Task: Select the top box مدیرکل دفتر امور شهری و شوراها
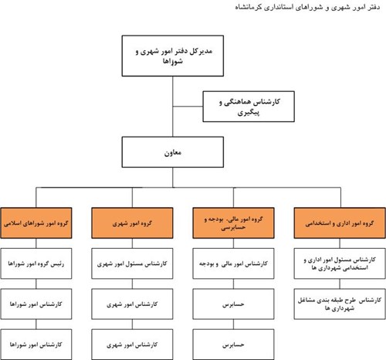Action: click(x=173, y=56)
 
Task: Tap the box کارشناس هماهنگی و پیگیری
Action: click(x=249, y=107)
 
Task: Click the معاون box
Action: click(x=173, y=152)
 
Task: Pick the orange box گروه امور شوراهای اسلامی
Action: click(x=36, y=223)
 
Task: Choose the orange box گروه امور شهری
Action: click(x=132, y=223)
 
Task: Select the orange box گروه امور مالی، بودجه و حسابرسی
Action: click(x=233, y=223)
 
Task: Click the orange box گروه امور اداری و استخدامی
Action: click(x=340, y=223)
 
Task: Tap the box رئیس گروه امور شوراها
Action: click(x=36, y=263)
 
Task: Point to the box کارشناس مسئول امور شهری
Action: click(x=132, y=263)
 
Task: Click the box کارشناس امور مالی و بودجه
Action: click(x=233, y=263)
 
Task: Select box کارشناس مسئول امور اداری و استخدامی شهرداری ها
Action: click(x=340, y=263)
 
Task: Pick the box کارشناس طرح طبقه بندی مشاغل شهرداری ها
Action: click(x=340, y=304)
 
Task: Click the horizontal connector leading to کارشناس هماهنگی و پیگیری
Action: click(x=188, y=107)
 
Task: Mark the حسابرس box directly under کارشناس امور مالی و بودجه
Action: click(x=233, y=304)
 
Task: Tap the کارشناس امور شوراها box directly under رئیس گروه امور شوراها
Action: click(x=36, y=304)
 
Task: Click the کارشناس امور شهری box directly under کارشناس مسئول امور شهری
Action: click(x=132, y=304)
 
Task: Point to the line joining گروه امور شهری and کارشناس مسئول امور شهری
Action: click(x=132, y=243)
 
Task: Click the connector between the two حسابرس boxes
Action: click(x=233, y=324)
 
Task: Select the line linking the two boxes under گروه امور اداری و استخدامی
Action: click(x=340, y=284)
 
